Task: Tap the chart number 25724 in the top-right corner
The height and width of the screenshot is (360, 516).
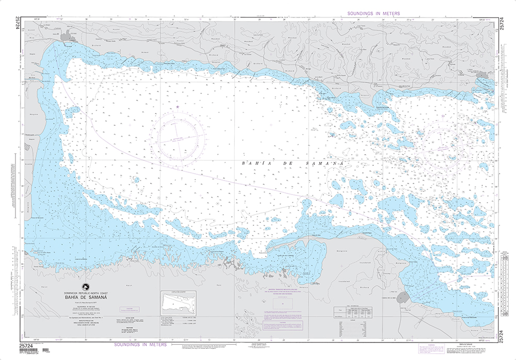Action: coord(502,25)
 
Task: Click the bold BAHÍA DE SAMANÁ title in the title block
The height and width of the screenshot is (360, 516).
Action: coord(93,297)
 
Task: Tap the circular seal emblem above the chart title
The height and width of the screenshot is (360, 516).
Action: coord(84,289)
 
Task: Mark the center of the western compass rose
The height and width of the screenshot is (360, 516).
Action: coord(181,138)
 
